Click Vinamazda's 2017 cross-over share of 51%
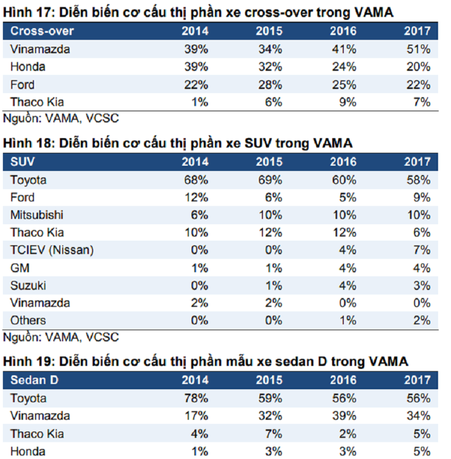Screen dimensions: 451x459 pos(418,49)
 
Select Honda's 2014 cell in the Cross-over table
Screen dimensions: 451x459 pos(196,67)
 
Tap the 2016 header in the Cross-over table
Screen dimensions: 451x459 pos(343,31)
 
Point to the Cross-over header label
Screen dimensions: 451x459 pos(42,31)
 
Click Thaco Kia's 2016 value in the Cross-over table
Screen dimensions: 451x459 pos(348,102)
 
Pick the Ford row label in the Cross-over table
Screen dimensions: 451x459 pos(22,85)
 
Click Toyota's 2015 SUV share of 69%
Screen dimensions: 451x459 pos(270,180)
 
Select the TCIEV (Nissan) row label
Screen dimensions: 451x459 pos(52,251)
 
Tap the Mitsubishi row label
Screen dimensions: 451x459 pos(37,215)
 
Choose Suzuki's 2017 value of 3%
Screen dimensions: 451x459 pos(422,286)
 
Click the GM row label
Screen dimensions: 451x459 pos(20,268)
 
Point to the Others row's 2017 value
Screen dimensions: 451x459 pos(422,321)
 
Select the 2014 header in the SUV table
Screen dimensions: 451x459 pos(195,162)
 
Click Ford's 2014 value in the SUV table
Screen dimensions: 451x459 pos(196,198)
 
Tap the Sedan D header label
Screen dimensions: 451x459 pos(35,381)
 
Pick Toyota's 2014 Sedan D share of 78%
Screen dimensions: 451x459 pos(196,398)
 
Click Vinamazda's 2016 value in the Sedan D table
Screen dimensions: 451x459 pos(344,416)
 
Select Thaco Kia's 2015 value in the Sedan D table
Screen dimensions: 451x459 pos(274,434)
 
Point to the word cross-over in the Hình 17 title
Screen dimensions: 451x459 pos(279,13)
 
